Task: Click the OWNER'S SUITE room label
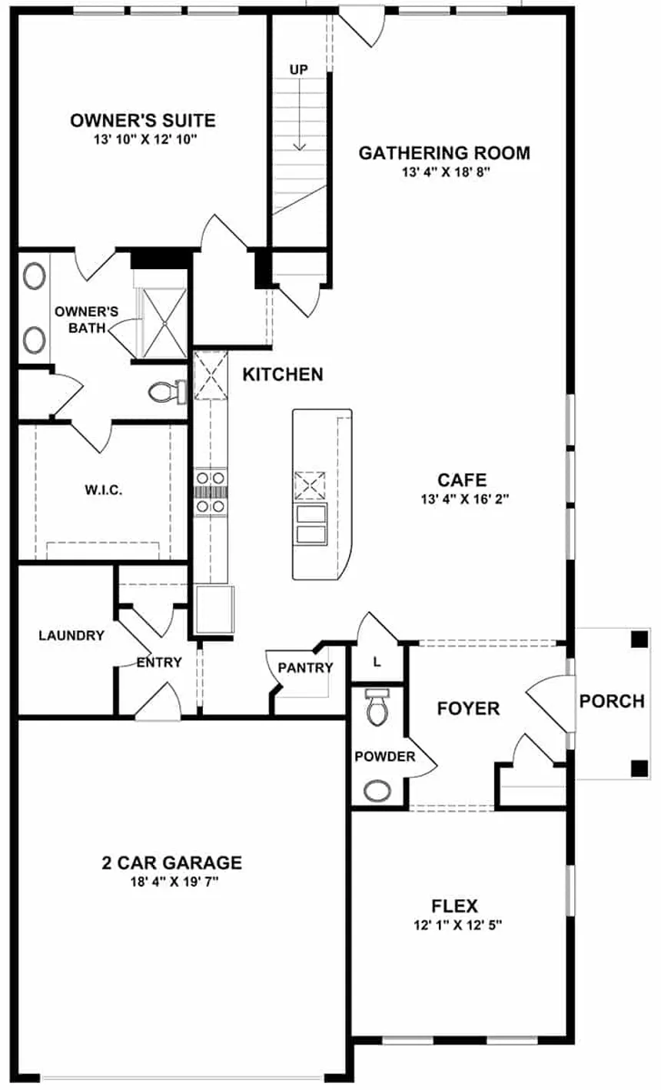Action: click(142, 121)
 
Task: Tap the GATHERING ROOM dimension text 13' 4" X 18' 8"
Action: click(444, 172)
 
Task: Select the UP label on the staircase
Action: click(298, 70)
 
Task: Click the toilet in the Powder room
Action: click(377, 708)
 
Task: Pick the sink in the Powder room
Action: click(377, 789)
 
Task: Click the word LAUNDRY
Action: click(71, 636)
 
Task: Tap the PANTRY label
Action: click(305, 668)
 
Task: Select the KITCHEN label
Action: click(283, 374)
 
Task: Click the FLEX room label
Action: click(455, 906)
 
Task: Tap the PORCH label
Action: click(612, 701)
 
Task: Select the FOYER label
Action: click(468, 708)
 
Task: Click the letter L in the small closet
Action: click(377, 662)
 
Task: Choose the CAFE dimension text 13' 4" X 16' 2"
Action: click(462, 499)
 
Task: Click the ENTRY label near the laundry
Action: click(159, 662)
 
